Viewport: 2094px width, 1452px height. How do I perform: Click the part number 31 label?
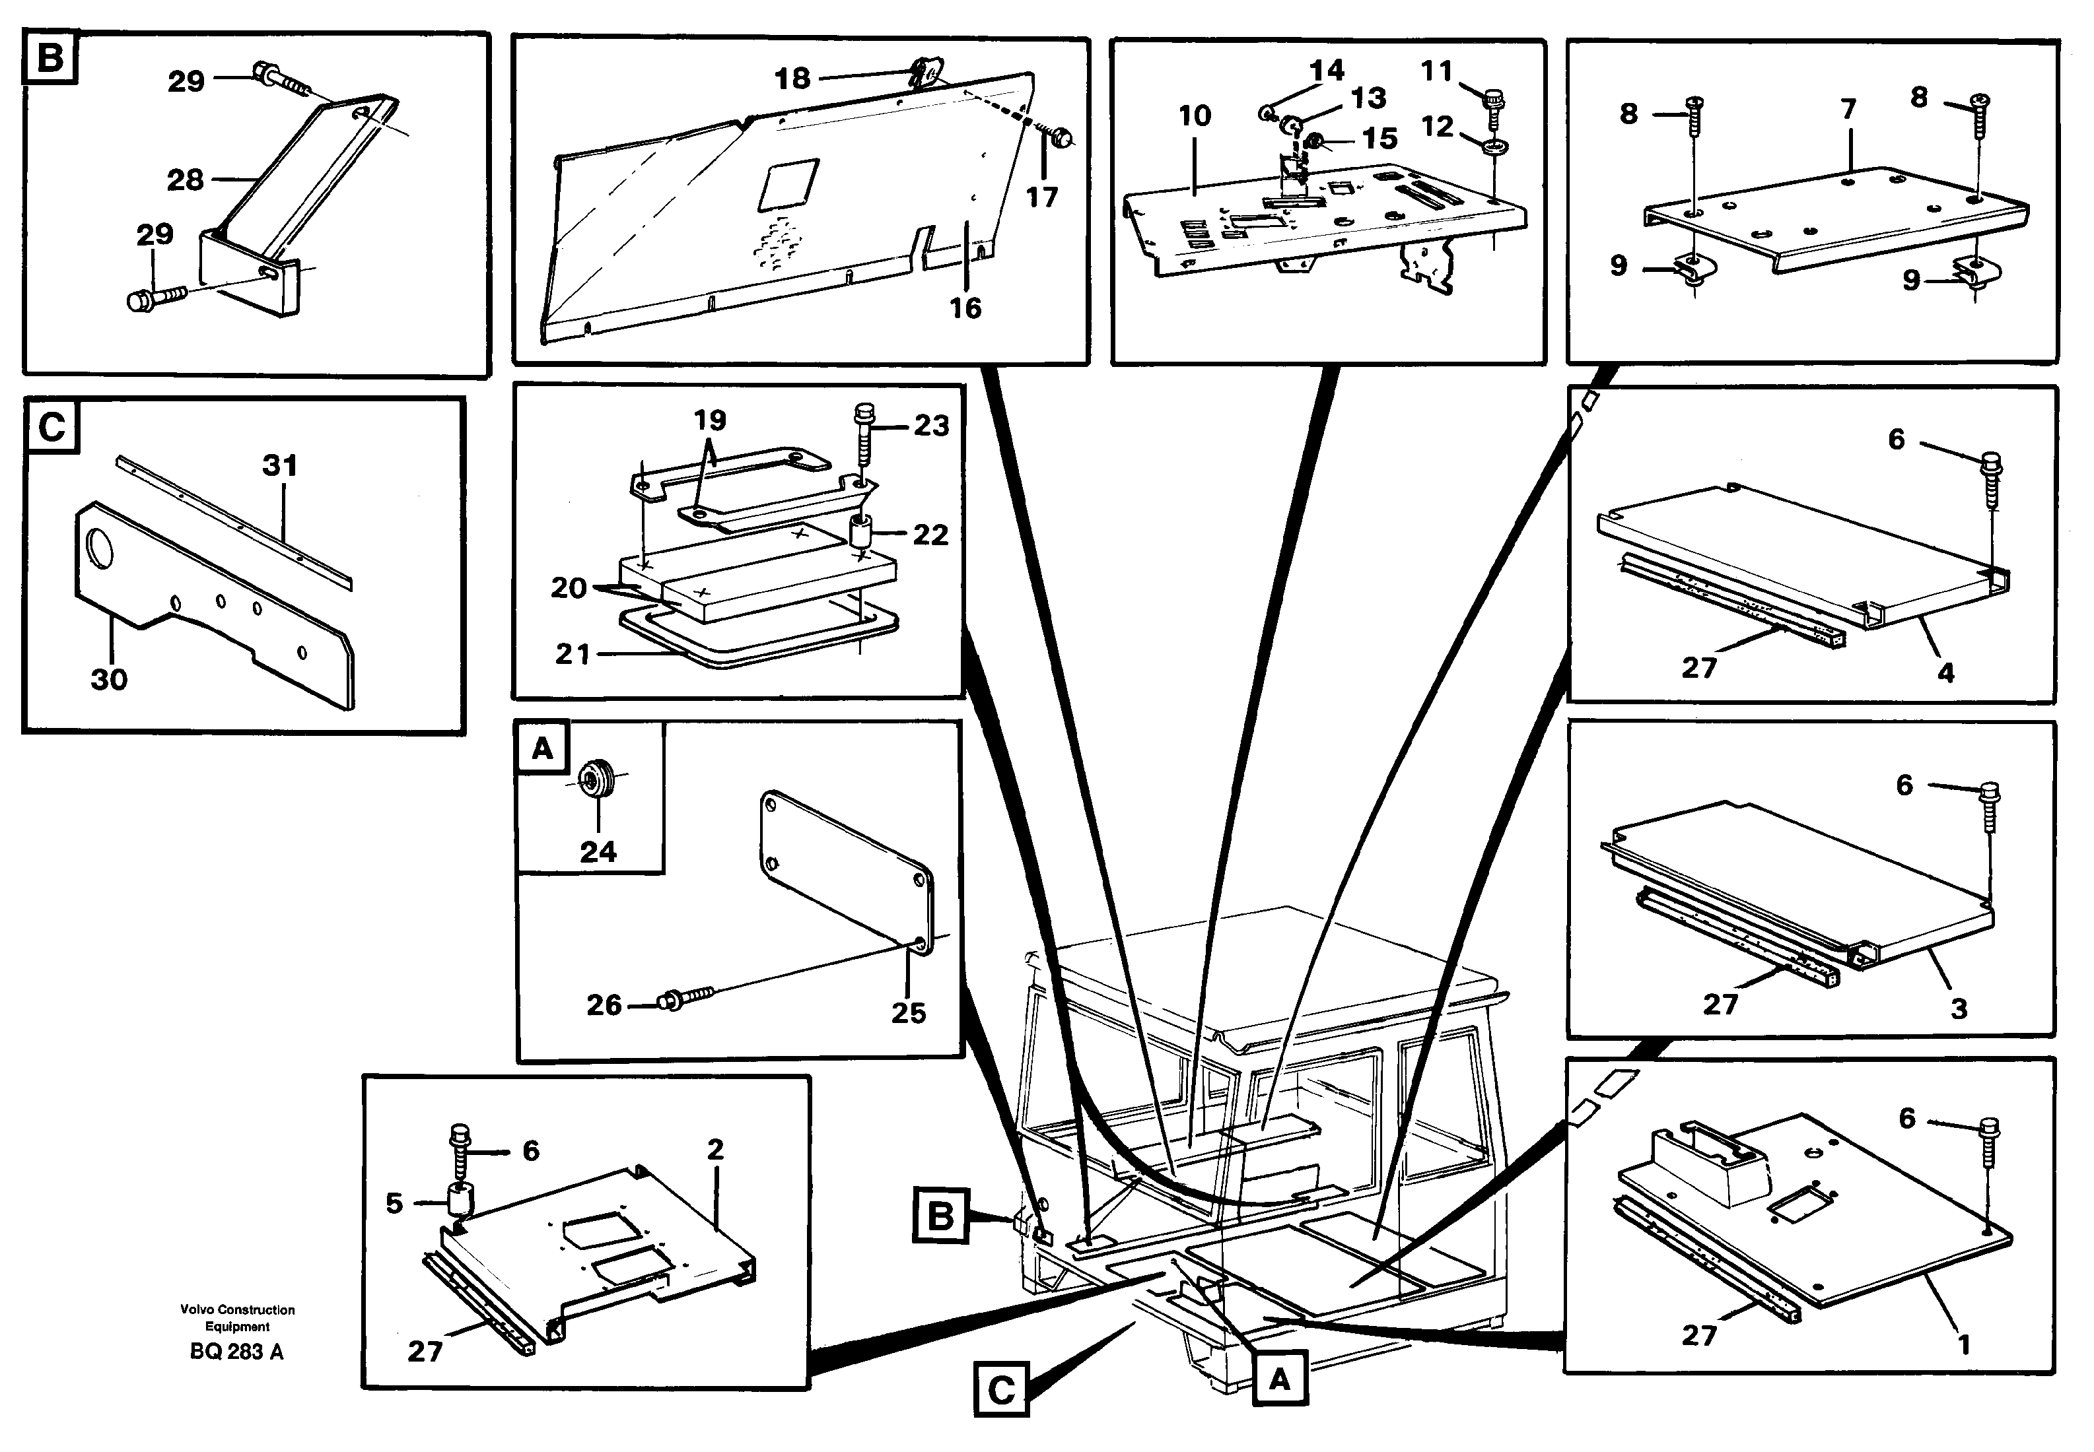coord(279,466)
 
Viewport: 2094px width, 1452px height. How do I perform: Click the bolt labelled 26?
coord(684,1001)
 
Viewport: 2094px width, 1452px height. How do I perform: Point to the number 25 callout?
coord(907,1012)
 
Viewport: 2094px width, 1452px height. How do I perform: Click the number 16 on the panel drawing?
coord(965,308)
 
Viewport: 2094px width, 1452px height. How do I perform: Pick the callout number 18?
coord(792,79)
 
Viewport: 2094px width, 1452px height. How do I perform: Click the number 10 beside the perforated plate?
coord(1195,115)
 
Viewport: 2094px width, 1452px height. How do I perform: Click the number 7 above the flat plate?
coord(1848,109)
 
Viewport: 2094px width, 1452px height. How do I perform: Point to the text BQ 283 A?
coord(236,1352)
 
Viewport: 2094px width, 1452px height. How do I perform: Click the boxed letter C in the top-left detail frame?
coord(51,426)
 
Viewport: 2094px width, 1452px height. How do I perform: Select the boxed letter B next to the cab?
coord(940,1216)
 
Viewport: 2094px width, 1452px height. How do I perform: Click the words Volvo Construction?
coord(236,1309)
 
